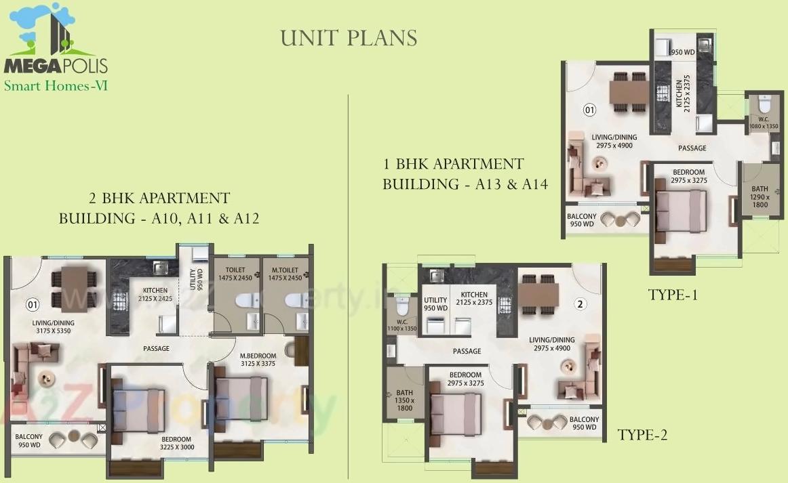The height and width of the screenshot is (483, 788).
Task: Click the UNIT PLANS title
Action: click(x=349, y=38)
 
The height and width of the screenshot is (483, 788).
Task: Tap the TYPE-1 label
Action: click(x=673, y=295)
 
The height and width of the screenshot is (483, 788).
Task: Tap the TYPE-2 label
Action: click(x=642, y=435)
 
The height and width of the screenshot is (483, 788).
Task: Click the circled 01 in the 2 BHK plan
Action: click(x=31, y=303)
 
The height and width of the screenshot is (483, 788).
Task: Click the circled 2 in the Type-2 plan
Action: click(x=580, y=304)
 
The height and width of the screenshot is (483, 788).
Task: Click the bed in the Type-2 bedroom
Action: click(x=455, y=414)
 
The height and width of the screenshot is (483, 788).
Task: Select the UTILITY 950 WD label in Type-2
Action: click(x=435, y=303)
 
